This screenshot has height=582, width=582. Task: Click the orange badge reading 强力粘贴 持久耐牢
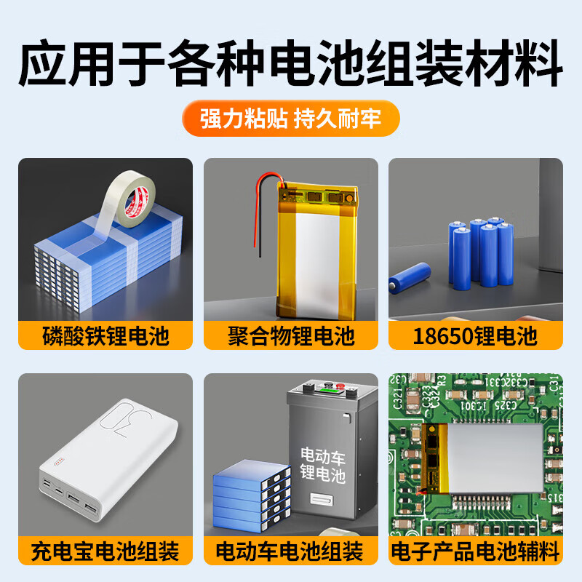pos(291,119)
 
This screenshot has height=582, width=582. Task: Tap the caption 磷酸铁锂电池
pos(105,337)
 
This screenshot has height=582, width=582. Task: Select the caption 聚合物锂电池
pos(291,337)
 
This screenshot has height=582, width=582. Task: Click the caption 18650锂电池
pos(476,337)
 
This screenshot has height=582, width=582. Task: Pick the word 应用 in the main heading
pos(60,65)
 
